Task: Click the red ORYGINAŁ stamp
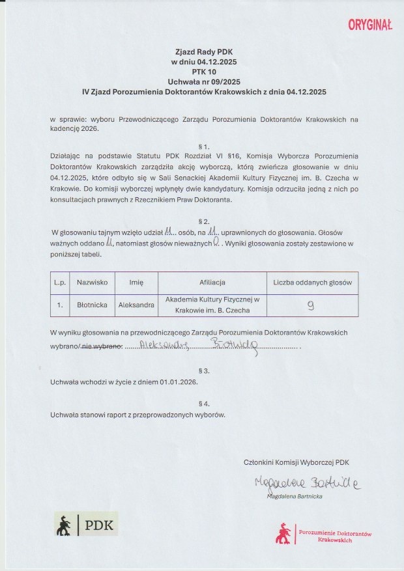(x=369, y=25)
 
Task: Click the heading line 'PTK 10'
(x=202, y=72)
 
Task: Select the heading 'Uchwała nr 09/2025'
(x=202, y=82)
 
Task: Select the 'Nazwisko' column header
(x=91, y=283)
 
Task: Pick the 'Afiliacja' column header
(x=212, y=283)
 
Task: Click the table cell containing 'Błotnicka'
(x=91, y=305)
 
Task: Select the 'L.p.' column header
(x=59, y=283)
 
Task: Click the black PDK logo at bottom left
(x=86, y=524)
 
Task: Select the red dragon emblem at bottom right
(x=283, y=533)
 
